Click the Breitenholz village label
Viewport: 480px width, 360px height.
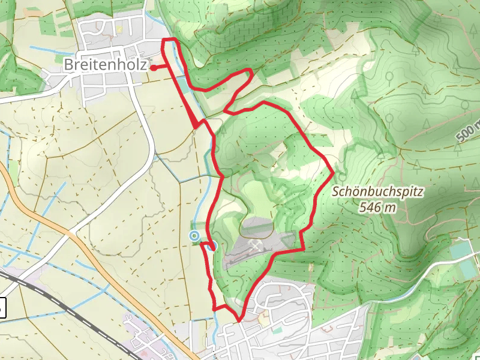click(x=105, y=64)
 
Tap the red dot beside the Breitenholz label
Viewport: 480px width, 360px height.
click(x=153, y=67)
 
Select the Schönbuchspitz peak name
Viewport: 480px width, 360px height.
click(x=378, y=193)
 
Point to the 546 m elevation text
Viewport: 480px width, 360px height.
click(x=378, y=208)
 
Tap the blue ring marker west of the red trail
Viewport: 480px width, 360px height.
click(x=194, y=236)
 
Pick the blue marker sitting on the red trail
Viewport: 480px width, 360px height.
click(x=211, y=244)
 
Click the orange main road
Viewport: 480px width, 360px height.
click(x=90, y=252)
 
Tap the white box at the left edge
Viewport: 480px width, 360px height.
click(x=2, y=308)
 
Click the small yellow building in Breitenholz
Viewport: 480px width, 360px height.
click(x=119, y=29)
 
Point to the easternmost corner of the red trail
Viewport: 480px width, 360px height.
click(x=333, y=172)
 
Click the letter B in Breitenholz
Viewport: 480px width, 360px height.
click(x=68, y=64)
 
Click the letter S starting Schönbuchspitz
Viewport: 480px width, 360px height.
click(x=335, y=193)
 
